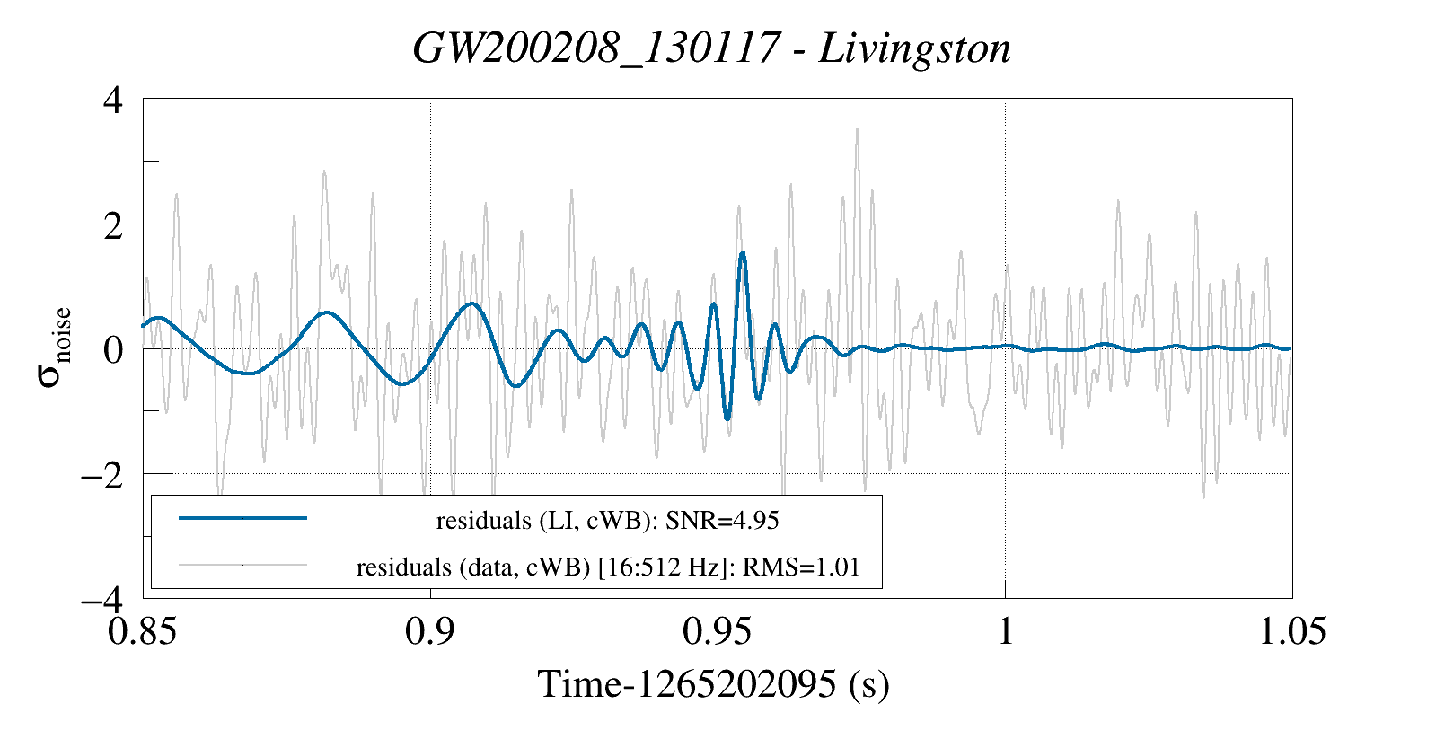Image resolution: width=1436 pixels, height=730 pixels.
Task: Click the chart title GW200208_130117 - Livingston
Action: (x=711, y=48)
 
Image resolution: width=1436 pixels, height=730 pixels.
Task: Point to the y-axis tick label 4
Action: (x=112, y=100)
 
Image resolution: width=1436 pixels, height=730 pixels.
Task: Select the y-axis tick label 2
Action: (x=112, y=224)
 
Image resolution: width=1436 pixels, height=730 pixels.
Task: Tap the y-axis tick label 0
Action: (x=112, y=349)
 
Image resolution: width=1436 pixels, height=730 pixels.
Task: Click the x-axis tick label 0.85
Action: (x=143, y=631)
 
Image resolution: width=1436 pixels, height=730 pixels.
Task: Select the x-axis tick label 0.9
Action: (x=430, y=631)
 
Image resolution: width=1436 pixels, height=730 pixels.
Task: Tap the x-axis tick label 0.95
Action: (x=718, y=631)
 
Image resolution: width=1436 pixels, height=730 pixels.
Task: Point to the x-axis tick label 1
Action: (x=1005, y=631)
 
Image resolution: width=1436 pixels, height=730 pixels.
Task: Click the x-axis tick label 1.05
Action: (x=1291, y=631)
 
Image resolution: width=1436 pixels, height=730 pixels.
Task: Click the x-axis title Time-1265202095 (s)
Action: (x=713, y=684)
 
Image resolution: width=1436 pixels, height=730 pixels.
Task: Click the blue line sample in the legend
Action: (x=242, y=518)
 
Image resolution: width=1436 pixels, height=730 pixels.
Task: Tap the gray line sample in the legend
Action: (x=242, y=566)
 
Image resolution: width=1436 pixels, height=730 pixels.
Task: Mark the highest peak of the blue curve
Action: (x=743, y=253)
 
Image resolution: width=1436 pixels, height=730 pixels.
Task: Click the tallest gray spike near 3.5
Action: (x=857, y=129)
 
